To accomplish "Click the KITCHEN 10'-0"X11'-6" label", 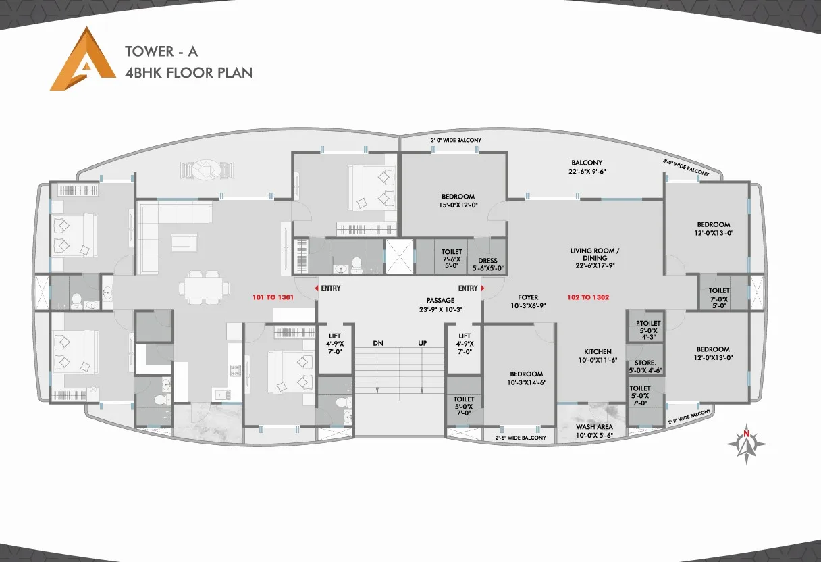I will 598,356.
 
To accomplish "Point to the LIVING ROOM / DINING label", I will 595,258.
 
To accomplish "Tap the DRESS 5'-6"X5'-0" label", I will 487,264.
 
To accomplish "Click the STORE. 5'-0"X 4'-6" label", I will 646,367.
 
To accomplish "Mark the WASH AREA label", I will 594,431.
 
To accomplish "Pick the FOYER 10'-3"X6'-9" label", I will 528,301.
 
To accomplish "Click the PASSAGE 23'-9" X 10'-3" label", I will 440,305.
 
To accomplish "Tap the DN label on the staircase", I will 378,343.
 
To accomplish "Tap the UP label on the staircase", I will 422,343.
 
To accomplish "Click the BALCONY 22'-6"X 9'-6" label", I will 587,167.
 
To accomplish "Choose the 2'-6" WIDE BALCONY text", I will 521,438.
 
